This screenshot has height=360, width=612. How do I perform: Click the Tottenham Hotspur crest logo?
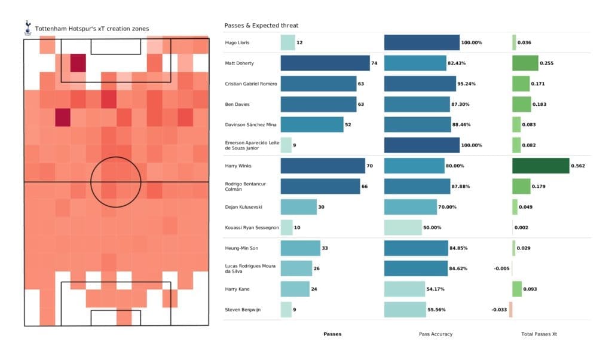coord(27,27)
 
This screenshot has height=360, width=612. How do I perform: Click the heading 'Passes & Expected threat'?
coord(261,26)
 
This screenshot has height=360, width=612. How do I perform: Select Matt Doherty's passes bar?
coord(325,63)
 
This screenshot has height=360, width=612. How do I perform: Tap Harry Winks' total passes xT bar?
coord(540,166)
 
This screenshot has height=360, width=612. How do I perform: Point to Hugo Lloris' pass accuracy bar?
coord(422,42)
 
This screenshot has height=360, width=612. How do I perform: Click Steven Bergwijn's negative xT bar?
coord(510,310)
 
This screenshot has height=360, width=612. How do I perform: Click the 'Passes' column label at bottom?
coord(332,334)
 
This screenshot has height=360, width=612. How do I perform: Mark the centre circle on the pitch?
coord(116,182)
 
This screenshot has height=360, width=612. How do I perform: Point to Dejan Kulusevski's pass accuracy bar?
coord(411,207)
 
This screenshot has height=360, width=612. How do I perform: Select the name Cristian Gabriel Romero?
coord(251,84)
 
